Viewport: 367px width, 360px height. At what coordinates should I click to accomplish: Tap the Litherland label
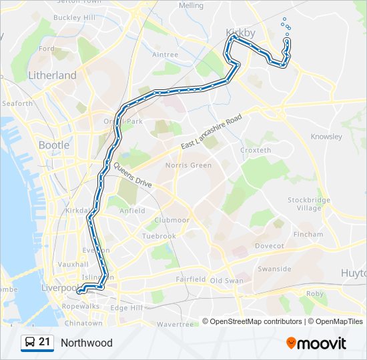[x=52, y=75]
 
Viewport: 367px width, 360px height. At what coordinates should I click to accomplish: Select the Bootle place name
[x=53, y=145]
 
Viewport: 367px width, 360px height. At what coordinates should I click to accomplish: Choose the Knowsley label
[x=326, y=137]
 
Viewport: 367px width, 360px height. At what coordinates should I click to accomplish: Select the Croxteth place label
[x=255, y=151]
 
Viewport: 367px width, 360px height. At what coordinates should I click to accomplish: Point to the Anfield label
[x=131, y=211]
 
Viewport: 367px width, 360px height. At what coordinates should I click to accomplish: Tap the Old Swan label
[x=226, y=281]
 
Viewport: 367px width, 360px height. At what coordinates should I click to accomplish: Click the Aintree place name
[x=165, y=55]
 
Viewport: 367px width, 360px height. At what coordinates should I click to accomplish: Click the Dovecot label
[x=270, y=245]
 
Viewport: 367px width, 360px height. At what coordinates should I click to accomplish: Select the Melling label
[x=192, y=5]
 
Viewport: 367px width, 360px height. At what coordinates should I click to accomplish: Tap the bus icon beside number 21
[x=29, y=343]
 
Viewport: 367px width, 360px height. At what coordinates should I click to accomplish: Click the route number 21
[x=45, y=342]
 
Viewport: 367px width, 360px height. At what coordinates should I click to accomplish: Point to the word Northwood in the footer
[x=87, y=343]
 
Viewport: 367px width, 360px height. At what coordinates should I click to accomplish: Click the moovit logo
[x=316, y=343]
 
